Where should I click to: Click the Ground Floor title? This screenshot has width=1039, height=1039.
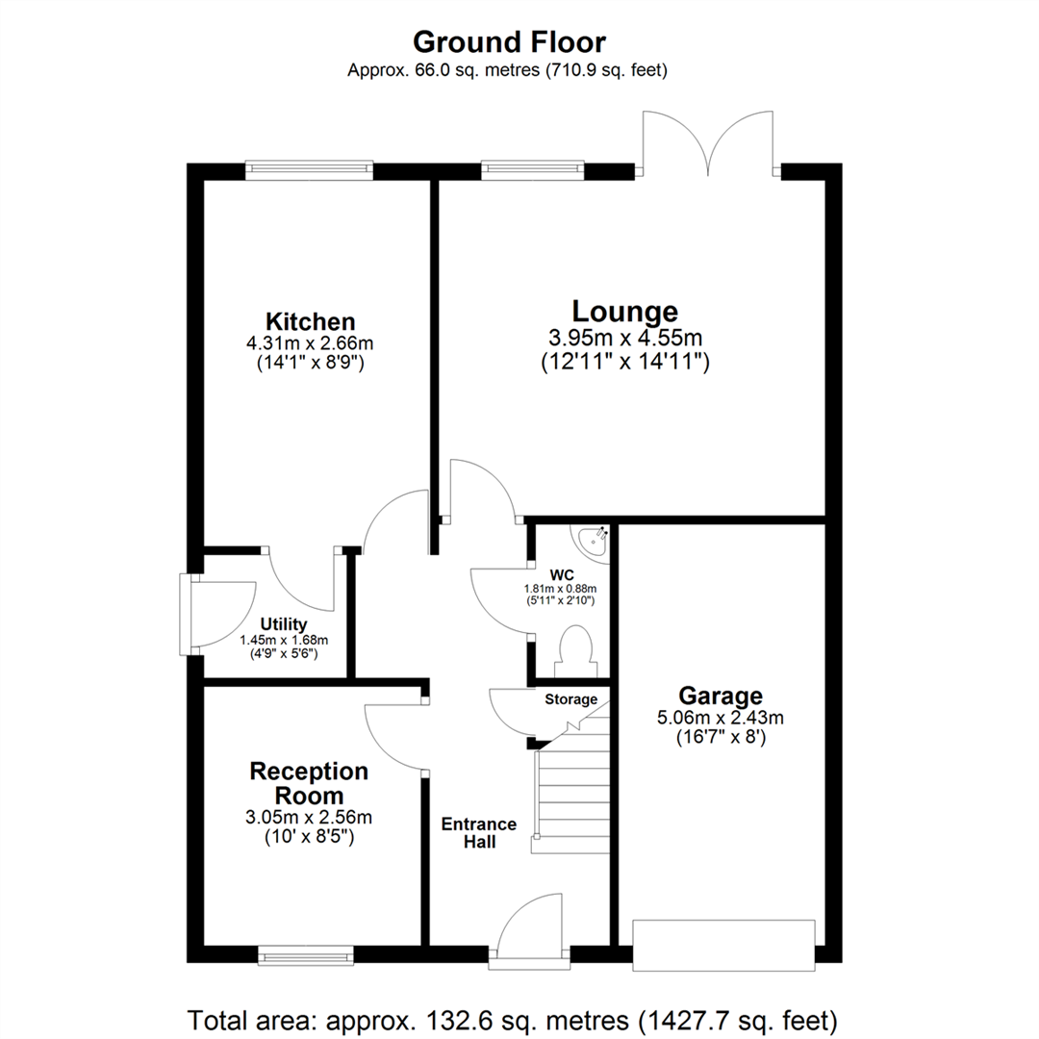point(509,42)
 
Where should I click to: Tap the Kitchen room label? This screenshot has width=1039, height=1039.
point(311,321)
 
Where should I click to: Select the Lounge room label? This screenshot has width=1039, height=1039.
point(624,312)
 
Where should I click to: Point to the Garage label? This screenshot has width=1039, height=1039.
point(721,695)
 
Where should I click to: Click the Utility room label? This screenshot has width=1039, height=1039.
point(283,625)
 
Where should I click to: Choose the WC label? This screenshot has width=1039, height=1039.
point(562,575)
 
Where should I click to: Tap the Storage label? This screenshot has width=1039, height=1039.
point(571,699)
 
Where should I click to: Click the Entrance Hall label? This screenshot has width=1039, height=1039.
point(479,833)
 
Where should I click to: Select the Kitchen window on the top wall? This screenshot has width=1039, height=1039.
point(308,170)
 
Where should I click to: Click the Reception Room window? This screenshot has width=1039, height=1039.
point(306,955)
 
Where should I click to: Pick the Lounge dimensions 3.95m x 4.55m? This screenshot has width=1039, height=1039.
point(624,339)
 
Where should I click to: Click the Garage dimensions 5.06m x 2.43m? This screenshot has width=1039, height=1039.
point(721,718)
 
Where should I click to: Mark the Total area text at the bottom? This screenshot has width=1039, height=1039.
point(513,1018)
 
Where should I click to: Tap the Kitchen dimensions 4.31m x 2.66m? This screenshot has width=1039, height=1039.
point(311,342)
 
